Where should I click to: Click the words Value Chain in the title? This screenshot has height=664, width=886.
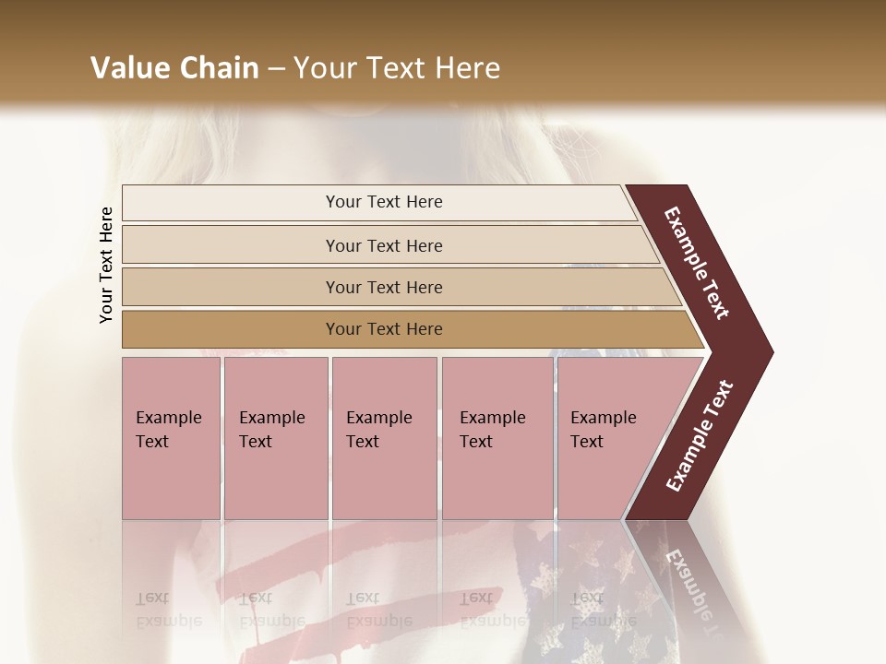coord(174,68)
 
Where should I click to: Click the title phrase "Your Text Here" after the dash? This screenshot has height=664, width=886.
coord(397,68)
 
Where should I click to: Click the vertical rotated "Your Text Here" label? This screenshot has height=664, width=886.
coord(106,265)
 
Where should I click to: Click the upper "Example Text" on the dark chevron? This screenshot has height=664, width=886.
coord(697,263)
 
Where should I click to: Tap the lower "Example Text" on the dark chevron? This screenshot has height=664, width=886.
coord(700,435)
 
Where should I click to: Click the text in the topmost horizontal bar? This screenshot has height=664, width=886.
coord(384,202)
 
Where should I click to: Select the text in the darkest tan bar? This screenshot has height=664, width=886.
coord(384,329)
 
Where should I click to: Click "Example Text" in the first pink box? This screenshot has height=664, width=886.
coord(168,429)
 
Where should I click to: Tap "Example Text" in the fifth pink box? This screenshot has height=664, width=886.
coord(603,429)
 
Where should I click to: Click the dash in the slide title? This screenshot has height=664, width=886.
coord(276,68)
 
